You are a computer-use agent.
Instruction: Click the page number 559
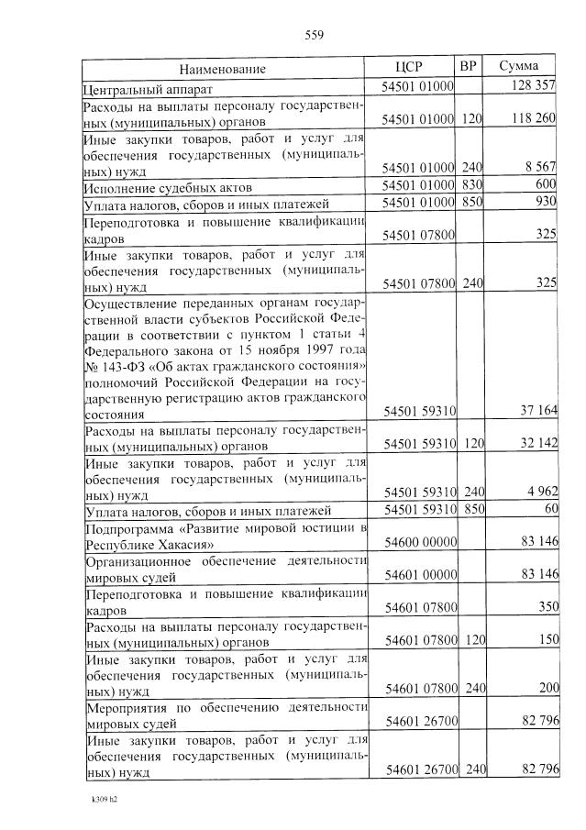314,36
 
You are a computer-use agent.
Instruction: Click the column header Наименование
223,69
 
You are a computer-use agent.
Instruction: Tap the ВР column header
469,65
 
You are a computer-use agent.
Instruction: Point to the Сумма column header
518,66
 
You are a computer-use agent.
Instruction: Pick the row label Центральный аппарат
148,89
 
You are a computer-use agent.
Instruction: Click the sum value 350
547,607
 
